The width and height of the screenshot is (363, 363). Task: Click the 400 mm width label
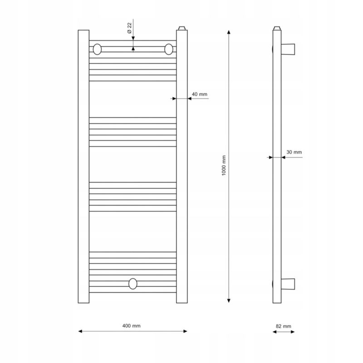[x=131, y=326]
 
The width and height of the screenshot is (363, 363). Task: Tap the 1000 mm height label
[x=224, y=166]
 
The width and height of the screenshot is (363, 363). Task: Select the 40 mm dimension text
[x=200, y=94]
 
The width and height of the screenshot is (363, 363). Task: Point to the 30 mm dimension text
[x=294, y=152]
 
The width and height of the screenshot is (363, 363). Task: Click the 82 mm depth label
[x=283, y=326]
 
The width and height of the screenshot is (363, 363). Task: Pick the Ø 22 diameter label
[x=129, y=28]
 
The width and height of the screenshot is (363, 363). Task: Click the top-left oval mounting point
[x=97, y=49]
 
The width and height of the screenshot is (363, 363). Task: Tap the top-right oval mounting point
[x=169, y=49]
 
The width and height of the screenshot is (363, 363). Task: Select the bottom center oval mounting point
[x=132, y=284]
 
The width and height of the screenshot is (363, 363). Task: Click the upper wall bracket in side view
[x=288, y=49]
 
